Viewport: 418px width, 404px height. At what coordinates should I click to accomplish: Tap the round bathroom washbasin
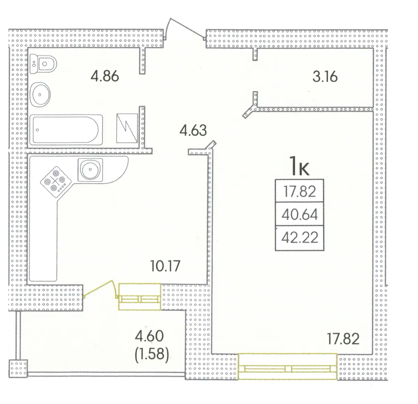tap(40, 94)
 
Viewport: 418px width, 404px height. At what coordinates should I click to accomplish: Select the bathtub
tap(66, 130)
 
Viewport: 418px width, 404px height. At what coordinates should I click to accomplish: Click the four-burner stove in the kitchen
tap(55, 182)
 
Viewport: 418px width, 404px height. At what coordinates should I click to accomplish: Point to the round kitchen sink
tap(90, 169)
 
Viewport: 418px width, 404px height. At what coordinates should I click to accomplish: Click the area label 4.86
tap(104, 76)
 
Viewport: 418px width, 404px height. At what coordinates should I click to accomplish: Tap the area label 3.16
tap(325, 77)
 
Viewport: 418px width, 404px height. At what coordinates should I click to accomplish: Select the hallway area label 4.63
tap(193, 130)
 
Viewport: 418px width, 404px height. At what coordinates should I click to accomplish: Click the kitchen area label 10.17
tap(165, 266)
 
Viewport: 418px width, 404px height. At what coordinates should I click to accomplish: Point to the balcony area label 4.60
tap(149, 336)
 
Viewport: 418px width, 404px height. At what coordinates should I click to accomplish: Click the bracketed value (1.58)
tap(152, 354)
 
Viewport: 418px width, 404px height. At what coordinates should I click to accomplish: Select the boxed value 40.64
tap(300, 215)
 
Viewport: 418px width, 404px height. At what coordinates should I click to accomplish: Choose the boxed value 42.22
tap(300, 238)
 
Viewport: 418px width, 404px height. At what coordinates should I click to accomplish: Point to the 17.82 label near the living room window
tap(343, 339)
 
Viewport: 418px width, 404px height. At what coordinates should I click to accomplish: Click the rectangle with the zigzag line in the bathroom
tap(127, 128)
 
